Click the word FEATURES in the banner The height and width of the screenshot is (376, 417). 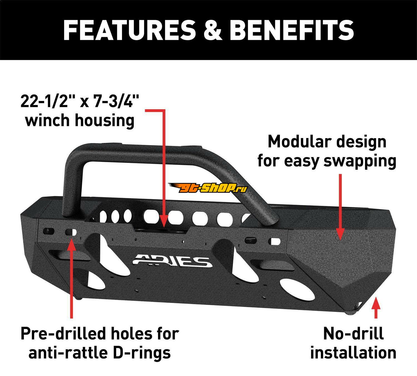point(129,30)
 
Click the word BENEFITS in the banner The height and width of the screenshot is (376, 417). point(291,30)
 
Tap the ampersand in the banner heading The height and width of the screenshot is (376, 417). point(212,30)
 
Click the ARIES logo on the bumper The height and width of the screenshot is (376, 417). point(172,260)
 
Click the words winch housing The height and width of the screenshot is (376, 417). point(80,121)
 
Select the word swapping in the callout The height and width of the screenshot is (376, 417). point(360,162)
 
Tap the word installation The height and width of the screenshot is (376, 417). point(353,353)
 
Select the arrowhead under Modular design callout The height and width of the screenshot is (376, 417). point(340,234)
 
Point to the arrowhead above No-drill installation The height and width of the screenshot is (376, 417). point(376,303)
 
